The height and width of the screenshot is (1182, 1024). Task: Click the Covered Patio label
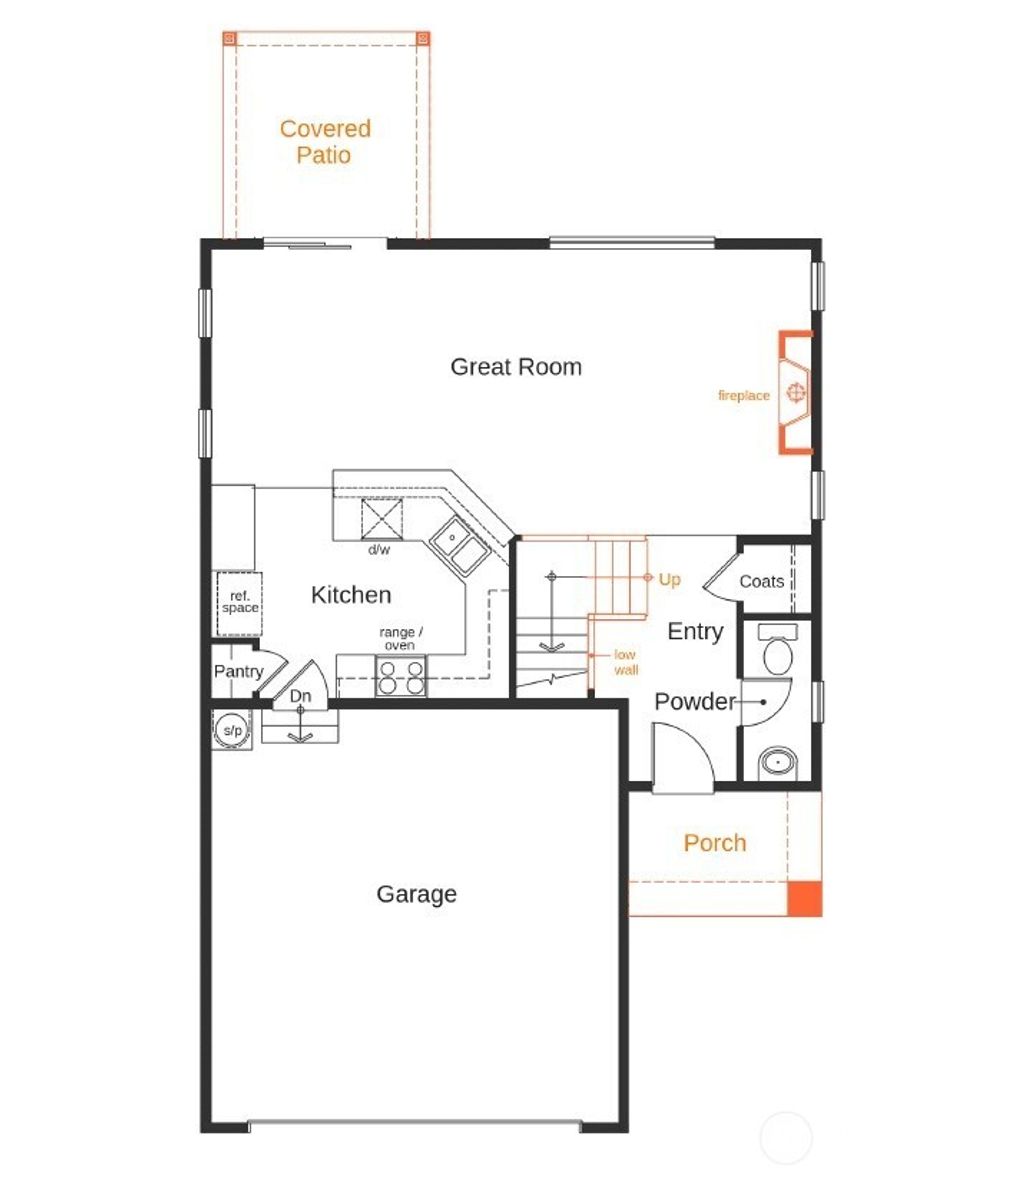coord(325,142)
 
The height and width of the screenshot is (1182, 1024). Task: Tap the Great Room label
coord(516,367)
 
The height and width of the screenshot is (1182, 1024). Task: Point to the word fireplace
coord(744,396)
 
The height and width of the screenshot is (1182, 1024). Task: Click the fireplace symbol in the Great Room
coord(796,393)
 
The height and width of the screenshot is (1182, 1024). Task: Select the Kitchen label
coord(351,595)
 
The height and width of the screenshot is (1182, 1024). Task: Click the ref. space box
coord(240,603)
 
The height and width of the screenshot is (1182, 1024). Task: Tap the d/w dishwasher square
coord(381,519)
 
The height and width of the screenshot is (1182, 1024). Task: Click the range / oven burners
coord(400,677)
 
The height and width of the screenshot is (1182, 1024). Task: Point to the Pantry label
coord(238,672)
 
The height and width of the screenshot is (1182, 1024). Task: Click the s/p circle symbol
coord(232,731)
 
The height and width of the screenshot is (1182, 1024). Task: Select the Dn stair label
coord(301,696)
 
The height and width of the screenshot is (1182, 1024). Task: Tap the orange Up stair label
coord(670,580)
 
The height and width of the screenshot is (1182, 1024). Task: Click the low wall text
coord(626,663)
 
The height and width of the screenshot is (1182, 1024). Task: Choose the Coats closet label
coord(762,582)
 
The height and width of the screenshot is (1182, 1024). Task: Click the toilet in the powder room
coord(776,653)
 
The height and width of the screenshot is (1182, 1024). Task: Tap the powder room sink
coord(775,764)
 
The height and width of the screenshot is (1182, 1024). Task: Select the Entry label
coord(695,632)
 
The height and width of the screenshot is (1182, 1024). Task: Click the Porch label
coord(715,843)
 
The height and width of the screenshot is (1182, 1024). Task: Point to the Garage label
coord(417,894)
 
